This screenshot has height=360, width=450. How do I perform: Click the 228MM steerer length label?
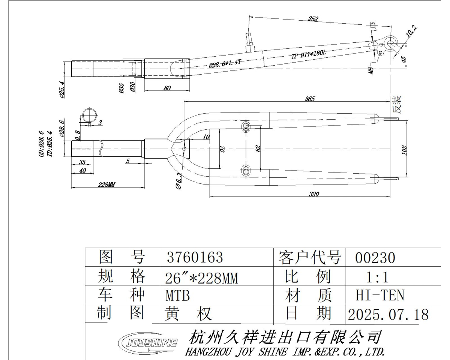(106, 185)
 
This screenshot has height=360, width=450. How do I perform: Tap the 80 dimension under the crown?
(167, 88)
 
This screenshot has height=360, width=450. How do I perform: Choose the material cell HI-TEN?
(379, 296)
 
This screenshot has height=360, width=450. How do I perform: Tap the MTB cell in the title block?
(178, 296)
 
